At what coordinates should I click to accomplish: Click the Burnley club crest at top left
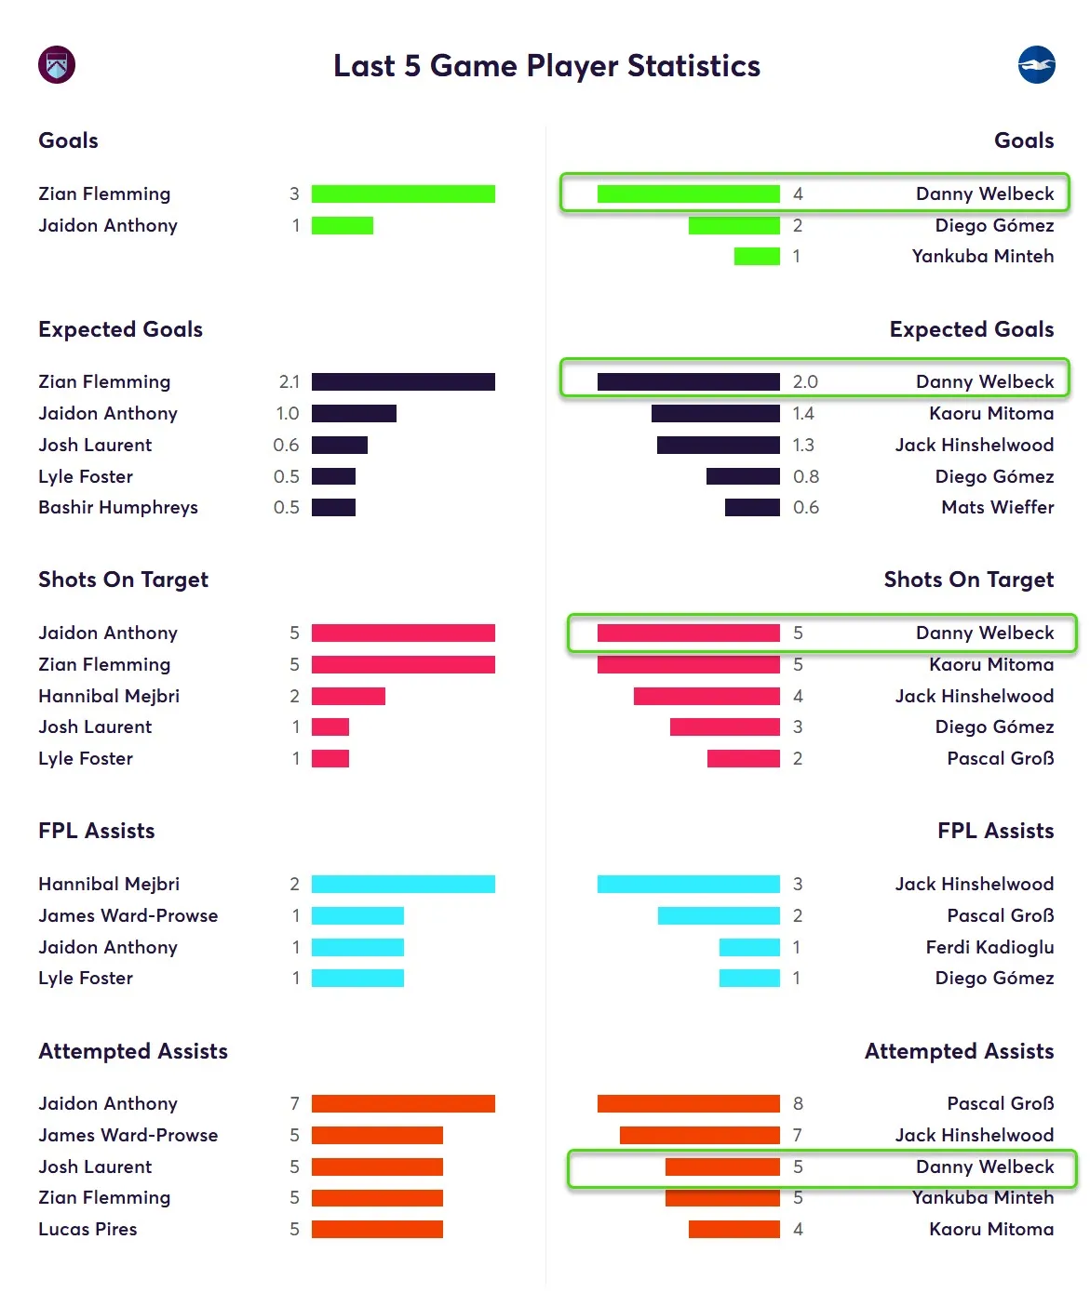click(57, 65)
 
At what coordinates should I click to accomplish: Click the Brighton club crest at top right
click(1036, 65)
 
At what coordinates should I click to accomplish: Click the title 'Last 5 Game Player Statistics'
click(546, 66)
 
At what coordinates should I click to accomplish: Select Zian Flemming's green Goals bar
click(403, 193)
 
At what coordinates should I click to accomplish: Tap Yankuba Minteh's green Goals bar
click(756, 256)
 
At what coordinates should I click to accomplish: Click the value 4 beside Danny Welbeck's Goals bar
click(798, 193)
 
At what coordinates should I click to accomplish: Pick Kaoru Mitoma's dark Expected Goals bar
click(715, 413)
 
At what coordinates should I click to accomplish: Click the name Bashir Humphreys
click(118, 507)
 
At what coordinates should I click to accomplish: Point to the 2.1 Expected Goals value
click(289, 381)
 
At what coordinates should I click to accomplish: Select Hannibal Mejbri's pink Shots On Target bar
click(348, 696)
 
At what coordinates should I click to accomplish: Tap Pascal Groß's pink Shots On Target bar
click(743, 758)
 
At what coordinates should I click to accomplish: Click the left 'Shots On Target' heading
click(123, 580)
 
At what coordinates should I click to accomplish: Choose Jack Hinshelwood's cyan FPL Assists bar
click(688, 884)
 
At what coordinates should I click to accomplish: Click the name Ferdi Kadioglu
click(989, 947)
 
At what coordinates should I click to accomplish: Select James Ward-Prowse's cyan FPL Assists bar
click(357, 915)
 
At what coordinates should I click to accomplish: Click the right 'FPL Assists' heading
click(995, 831)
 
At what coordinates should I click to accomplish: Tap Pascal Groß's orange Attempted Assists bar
click(688, 1103)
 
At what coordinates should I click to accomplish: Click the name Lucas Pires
click(87, 1229)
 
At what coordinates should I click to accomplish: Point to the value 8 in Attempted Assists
click(798, 1103)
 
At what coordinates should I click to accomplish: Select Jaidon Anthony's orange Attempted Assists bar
click(403, 1103)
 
